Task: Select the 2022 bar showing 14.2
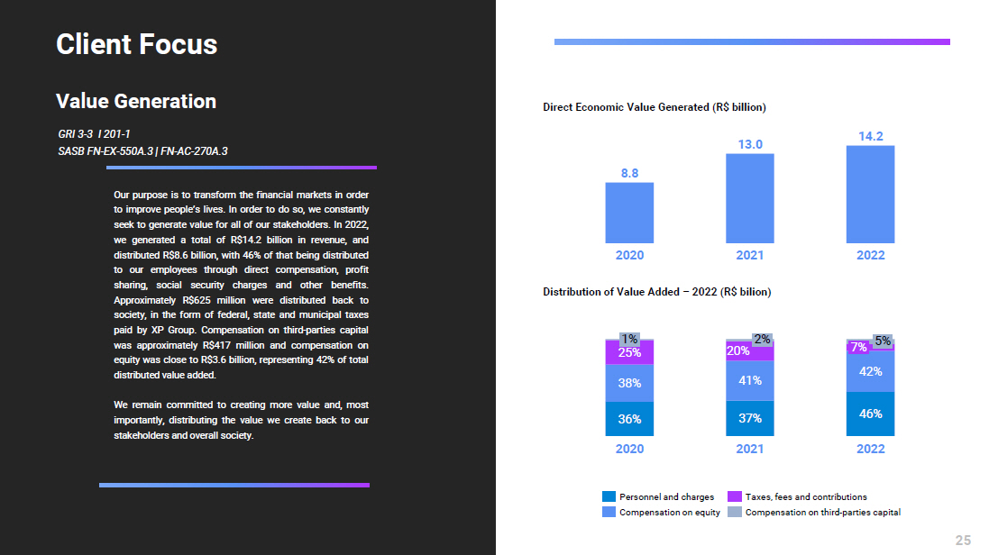coord(870,194)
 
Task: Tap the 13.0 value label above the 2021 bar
coord(750,144)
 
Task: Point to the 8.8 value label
coord(629,173)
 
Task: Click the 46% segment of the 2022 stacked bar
coord(870,414)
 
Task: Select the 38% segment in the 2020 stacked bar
coord(629,382)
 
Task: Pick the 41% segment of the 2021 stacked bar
coord(750,380)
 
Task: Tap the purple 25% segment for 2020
coord(629,352)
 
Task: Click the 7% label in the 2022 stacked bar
coord(858,347)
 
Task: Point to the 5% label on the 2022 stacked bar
coord(883,341)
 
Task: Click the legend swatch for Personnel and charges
coord(609,496)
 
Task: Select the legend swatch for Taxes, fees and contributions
coord(735,496)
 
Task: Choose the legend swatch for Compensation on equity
coord(609,512)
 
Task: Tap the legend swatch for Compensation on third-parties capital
coord(735,512)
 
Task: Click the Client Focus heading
coord(137,44)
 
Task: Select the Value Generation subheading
coord(136,101)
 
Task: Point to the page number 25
coord(963,540)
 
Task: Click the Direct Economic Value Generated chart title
coord(655,107)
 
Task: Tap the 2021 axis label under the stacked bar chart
coord(750,448)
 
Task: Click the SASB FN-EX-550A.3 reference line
coord(142,150)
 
